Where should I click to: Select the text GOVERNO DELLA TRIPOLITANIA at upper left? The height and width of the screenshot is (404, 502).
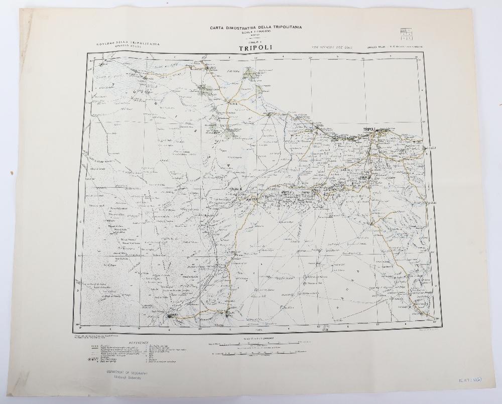click(x=129, y=44)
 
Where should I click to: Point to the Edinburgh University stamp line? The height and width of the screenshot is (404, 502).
click(x=127, y=380)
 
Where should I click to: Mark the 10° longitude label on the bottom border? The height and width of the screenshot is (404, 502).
click(x=200, y=330)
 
